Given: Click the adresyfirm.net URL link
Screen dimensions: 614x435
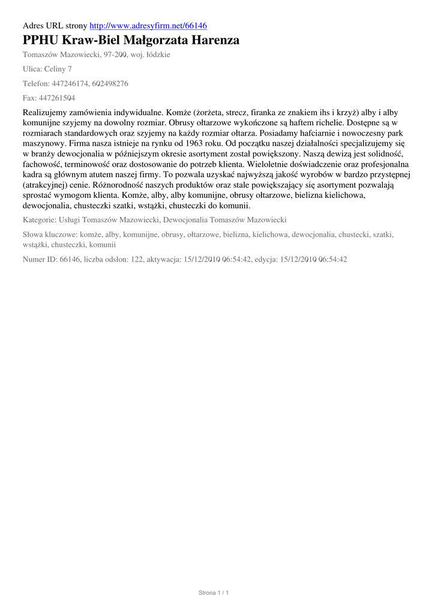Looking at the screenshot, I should pyautogui.click(x=148, y=26).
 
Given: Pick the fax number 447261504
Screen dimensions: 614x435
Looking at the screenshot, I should pyautogui.click(x=57, y=98).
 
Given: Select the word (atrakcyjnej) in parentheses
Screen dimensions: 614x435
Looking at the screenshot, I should pyautogui.click(x=47, y=185).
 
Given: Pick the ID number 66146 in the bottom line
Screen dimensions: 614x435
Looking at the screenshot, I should pyautogui.click(x=70, y=260).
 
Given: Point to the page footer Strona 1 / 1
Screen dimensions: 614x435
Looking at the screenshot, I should pyautogui.click(x=214, y=592).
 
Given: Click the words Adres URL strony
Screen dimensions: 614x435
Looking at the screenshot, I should pyautogui.click(x=55, y=26).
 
